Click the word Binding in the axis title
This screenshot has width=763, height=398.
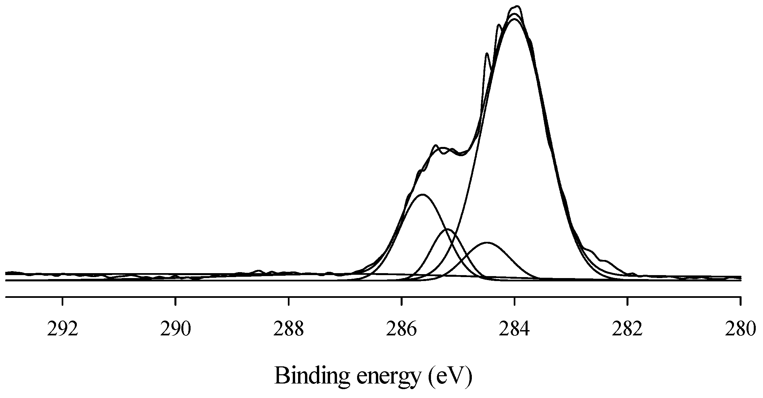pyautogui.click(x=311, y=376)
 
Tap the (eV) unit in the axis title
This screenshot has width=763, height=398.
pyautogui.click(x=450, y=376)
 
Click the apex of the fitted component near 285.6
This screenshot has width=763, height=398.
pyautogui.click(x=422, y=194)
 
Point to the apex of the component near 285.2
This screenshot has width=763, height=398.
pyautogui.click(x=447, y=229)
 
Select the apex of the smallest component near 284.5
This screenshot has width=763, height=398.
pyautogui.click(x=487, y=242)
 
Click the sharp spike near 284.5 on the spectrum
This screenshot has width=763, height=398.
pyautogui.click(x=487, y=53)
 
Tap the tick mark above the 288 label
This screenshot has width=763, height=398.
pyautogui.click(x=289, y=301)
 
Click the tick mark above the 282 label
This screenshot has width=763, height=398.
pyautogui.click(x=627, y=301)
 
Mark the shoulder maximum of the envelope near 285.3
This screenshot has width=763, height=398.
pyautogui.click(x=436, y=145)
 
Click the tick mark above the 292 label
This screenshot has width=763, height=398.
pyautogui.click(x=63, y=301)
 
